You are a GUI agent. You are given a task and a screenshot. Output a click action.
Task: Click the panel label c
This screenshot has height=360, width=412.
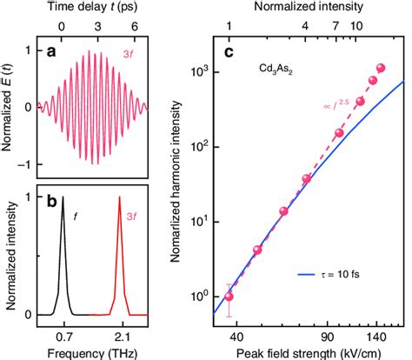(229, 51)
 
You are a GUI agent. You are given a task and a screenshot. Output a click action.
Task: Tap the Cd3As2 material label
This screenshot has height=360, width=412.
(273, 66)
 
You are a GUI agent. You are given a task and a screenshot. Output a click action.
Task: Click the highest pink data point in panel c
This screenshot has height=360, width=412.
(381, 68)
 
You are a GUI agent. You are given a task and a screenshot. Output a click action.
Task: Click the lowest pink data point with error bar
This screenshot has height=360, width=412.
(229, 296)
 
